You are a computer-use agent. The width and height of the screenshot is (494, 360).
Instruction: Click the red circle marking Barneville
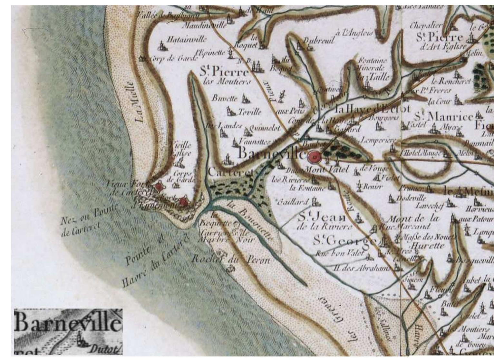[314, 157]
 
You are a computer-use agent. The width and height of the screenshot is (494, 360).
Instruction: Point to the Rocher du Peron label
[231, 259]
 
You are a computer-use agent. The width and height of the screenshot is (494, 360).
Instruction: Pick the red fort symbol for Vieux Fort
[158, 187]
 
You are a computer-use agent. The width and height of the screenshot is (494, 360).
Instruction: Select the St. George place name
[345, 241]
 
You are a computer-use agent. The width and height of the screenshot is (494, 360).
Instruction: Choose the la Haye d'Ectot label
[373, 109]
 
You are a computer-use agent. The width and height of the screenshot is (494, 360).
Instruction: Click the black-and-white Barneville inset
[68, 332]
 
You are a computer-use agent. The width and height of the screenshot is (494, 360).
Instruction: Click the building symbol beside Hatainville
[162, 46]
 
